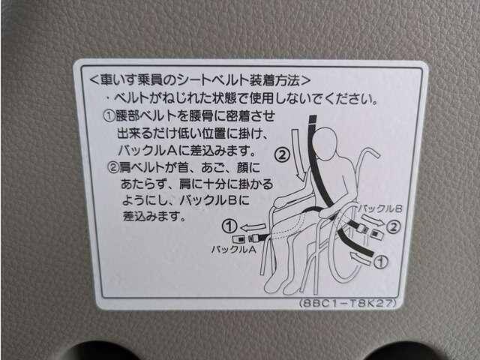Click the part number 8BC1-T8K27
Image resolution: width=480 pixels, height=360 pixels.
(348, 303)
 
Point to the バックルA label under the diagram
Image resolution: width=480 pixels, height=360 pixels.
(233, 250)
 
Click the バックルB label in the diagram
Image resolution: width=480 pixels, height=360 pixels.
(380, 209)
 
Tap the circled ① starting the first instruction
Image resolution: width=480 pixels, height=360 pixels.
(109, 116)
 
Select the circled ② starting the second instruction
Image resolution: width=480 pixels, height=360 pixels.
(113, 167)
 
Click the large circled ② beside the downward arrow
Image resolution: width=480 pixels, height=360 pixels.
(282, 155)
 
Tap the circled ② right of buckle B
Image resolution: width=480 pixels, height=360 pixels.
(393, 227)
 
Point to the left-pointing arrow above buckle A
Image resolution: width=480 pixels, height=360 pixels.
(253, 227)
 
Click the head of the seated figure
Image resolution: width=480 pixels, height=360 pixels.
(325, 143)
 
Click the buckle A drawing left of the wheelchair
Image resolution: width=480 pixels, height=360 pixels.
(248, 238)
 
